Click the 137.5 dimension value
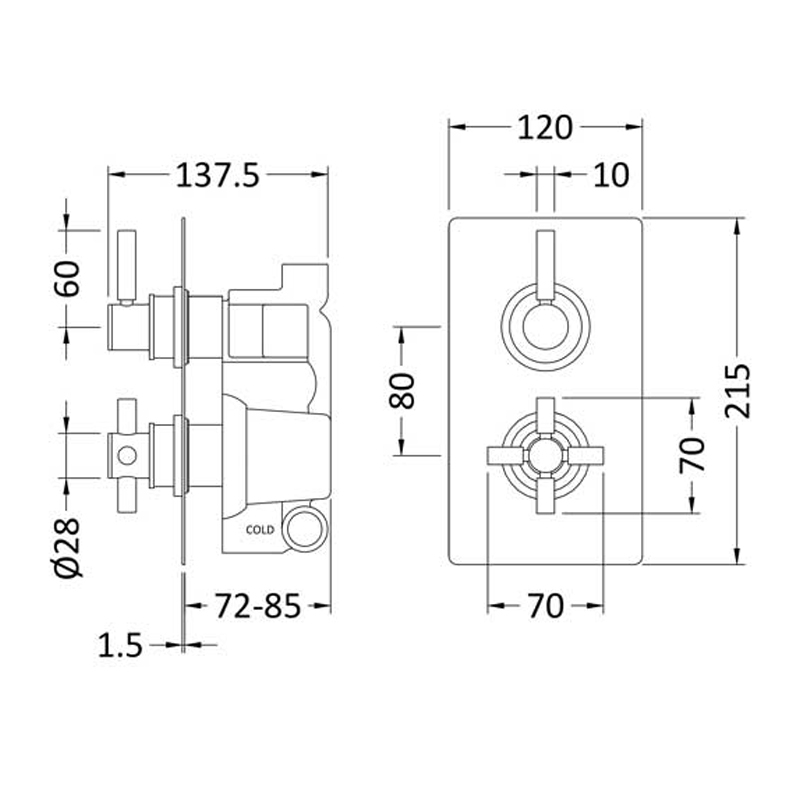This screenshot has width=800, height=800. pyautogui.click(x=218, y=176)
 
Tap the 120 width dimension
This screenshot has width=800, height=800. pyautogui.click(x=545, y=128)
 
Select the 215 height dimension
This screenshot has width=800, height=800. pyautogui.click(x=738, y=391)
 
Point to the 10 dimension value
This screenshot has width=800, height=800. pyautogui.click(x=611, y=175)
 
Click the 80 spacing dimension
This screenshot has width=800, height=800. pyautogui.click(x=402, y=391)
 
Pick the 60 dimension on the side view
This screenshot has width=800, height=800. pyautogui.click(x=67, y=279)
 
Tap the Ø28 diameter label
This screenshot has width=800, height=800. pyautogui.click(x=67, y=548)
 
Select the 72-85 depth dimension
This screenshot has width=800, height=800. pyautogui.click(x=258, y=606)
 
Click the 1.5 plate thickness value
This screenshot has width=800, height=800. pyautogui.click(x=120, y=645)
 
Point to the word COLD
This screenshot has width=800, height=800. pyautogui.click(x=260, y=530)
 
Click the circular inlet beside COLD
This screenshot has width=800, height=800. pyautogui.click(x=305, y=528)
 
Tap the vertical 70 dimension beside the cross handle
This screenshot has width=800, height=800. pyautogui.click(x=692, y=455)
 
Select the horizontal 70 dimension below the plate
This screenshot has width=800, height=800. pyautogui.click(x=545, y=606)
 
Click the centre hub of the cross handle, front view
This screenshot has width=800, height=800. pyautogui.click(x=545, y=455)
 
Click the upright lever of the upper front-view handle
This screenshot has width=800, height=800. pyautogui.click(x=545, y=267)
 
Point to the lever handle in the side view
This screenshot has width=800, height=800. pyautogui.click(x=127, y=267)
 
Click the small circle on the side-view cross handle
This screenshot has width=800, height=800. pyautogui.click(x=127, y=456)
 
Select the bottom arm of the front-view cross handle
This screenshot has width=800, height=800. pyautogui.click(x=545, y=495)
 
